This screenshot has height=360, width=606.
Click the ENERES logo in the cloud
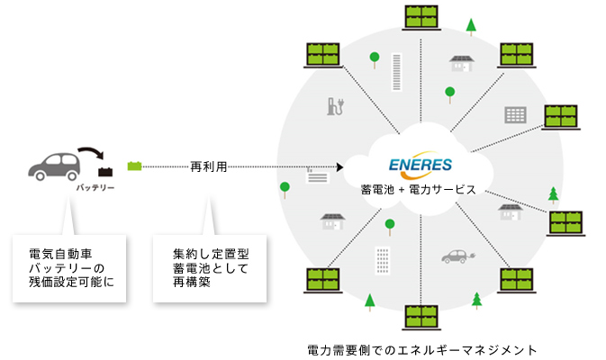point(421,166)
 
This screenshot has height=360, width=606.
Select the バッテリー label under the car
point(95,187)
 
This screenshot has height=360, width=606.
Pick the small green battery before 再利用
point(135,166)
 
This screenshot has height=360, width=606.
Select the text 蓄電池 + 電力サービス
point(418,191)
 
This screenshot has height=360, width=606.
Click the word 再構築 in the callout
point(193,282)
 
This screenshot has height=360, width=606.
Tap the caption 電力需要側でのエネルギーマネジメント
point(421,347)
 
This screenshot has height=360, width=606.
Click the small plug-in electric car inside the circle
point(456,256)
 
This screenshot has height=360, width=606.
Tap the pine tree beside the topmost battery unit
point(470,24)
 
